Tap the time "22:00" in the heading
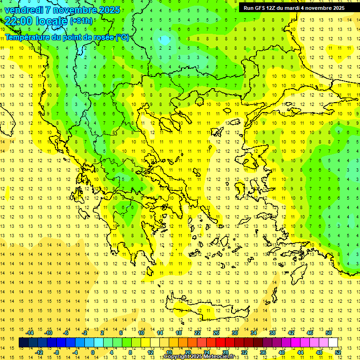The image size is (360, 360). pyautogui.click(x=19, y=21)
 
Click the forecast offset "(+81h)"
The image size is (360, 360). pyautogui.click(x=81, y=21)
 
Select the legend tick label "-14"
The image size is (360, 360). pyautogui.click(x=30, y=333)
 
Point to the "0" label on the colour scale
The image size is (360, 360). pyautogui.click(x=93, y=352)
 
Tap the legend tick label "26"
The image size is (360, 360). pyautogui.click(x=216, y=333)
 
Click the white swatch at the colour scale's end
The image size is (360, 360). pyautogui.click(x=333, y=342)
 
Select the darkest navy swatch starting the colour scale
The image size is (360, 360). pyautogui.click(x=23, y=342)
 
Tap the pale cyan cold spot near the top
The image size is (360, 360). pyautogui.click(x=164, y=40)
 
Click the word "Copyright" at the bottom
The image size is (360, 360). pyautogui.click(x=177, y=357)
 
